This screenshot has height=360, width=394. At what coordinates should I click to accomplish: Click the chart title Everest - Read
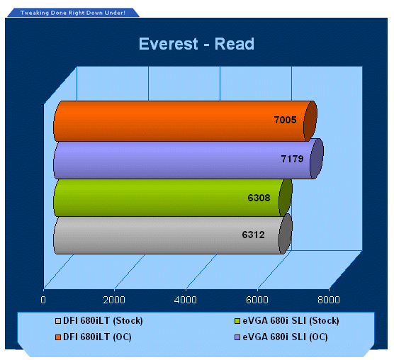[196, 44]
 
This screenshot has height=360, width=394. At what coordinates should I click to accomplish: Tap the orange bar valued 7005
[185, 121]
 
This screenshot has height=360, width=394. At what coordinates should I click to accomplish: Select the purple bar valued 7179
[188, 159]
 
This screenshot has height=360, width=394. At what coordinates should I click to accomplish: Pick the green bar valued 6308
[173, 198]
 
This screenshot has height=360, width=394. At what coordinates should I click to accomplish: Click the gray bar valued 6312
[173, 235]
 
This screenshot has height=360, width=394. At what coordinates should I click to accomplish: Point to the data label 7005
[285, 120]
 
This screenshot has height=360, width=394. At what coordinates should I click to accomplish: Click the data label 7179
[292, 159]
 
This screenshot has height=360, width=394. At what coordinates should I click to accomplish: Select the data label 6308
[259, 198]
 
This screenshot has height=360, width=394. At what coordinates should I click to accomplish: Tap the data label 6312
[253, 235]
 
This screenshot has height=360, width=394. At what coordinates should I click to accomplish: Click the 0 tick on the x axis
[43, 300]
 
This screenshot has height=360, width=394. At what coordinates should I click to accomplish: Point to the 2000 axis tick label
[114, 300]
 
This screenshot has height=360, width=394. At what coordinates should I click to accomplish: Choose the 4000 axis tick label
[186, 300]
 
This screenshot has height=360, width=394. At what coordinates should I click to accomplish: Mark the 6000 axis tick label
[257, 300]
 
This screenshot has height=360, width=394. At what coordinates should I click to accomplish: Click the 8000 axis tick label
[329, 300]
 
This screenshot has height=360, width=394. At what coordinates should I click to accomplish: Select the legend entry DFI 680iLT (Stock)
[99, 321]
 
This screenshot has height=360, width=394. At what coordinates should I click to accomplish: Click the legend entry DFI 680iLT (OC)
[94, 337]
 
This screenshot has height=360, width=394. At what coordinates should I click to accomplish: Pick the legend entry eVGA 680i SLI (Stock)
[287, 321]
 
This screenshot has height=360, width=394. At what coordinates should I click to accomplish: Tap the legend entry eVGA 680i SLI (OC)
[281, 337]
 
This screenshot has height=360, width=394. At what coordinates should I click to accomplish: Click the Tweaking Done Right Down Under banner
[73, 13]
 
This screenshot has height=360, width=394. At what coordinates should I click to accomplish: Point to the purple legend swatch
[237, 337]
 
